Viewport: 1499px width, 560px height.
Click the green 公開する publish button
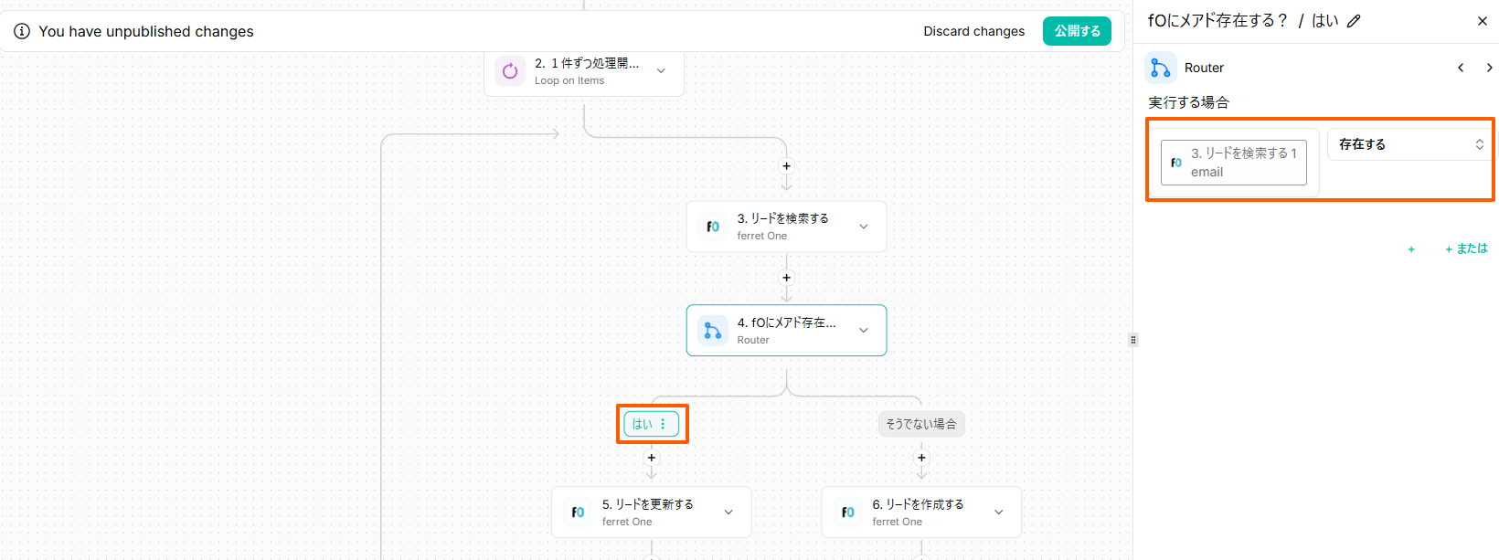[x=1077, y=31]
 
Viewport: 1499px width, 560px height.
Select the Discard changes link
[x=973, y=31]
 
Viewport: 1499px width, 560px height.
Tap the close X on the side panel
[x=1482, y=21]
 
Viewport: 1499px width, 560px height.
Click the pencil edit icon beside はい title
[x=1354, y=21]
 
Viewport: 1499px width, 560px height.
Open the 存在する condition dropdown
[x=1409, y=144]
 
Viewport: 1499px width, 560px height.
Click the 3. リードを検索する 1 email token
[x=1233, y=163]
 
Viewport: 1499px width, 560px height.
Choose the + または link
[x=1466, y=248]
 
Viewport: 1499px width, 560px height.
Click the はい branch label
[x=651, y=424]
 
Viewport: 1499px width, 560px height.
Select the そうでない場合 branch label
[x=920, y=424]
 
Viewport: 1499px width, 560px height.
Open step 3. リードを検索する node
[x=786, y=227]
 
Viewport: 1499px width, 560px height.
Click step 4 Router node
[x=786, y=331]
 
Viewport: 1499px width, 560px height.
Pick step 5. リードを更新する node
[x=651, y=512]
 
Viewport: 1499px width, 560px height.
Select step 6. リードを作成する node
[x=921, y=512]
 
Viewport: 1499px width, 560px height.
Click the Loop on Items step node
[x=583, y=71]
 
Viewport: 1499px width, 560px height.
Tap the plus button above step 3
[x=786, y=166]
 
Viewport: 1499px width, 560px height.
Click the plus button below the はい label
[x=651, y=458]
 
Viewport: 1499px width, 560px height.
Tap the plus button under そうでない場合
[x=921, y=458]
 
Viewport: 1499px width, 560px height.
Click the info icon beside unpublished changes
[x=21, y=31]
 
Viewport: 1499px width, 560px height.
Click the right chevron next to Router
[x=1489, y=68]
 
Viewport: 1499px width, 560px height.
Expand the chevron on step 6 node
[x=998, y=512]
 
